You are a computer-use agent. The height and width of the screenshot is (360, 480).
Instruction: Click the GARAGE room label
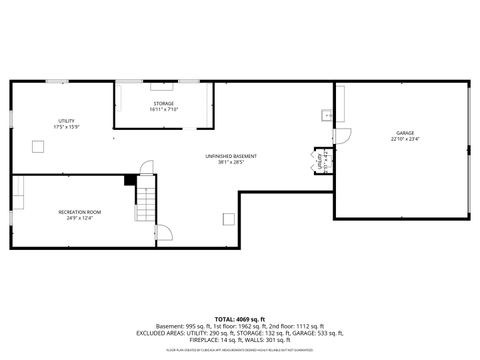[405, 132]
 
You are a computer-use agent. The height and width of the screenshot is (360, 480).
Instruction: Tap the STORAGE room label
[163, 103]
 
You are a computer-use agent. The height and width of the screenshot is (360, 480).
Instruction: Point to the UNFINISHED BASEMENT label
[231, 156]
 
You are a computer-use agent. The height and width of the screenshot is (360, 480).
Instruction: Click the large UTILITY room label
[66, 121]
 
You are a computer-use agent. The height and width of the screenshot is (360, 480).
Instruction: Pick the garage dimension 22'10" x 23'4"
[405, 139]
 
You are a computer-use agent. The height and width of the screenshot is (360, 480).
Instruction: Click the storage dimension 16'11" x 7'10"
[163, 109]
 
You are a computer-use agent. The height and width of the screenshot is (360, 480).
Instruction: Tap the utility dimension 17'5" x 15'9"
[66, 127]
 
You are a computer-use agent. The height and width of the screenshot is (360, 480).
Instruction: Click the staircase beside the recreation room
[147, 204]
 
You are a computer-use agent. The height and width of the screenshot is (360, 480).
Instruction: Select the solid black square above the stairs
[130, 180]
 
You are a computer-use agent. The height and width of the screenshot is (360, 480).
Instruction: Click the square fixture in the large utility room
[38, 148]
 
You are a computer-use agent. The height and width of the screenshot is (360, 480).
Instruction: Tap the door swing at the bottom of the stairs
[163, 231]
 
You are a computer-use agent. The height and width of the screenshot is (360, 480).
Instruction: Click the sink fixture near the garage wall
[326, 116]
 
